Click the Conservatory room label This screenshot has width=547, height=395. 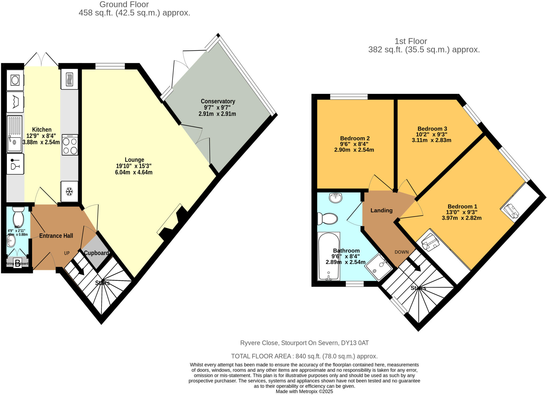tap(218, 101)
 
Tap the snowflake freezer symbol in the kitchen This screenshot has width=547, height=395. tap(69, 191)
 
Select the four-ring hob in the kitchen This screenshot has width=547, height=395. tap(70, 145)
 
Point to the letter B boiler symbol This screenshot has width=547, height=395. tap(18, 263)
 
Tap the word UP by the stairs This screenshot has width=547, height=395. tap(67, 253)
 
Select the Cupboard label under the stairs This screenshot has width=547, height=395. tap(96, 253)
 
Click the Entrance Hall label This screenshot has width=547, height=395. tap(56, 236)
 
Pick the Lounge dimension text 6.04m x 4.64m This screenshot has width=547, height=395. tap(134, 172)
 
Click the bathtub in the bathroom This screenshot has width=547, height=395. tap(329, 256)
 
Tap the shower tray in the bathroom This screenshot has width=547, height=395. tap(379, 267)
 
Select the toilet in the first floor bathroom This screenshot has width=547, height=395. tap(328, 219)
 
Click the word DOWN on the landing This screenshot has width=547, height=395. tap(401, 252)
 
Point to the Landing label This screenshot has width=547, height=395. tap(381, 210)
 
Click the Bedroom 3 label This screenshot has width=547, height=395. tap(432, 129)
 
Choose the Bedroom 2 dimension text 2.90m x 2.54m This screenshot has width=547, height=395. tap(354, 150)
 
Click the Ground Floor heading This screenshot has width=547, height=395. tap(124, 4)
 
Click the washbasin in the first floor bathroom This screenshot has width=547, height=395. tap(336, 198)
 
